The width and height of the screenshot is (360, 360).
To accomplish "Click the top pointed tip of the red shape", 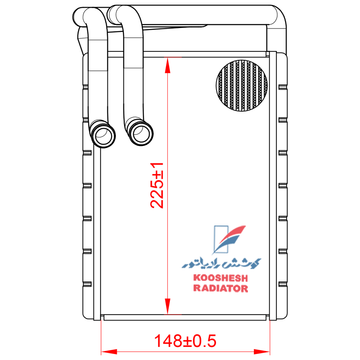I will (168, 59).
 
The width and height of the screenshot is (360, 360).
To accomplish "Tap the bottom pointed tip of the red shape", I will (168, 313).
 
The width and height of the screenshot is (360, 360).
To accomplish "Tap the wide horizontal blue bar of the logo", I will (221, 262).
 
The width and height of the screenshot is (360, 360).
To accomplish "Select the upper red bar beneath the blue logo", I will (220, 278).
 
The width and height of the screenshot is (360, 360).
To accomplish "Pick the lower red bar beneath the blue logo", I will (220, 289).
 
